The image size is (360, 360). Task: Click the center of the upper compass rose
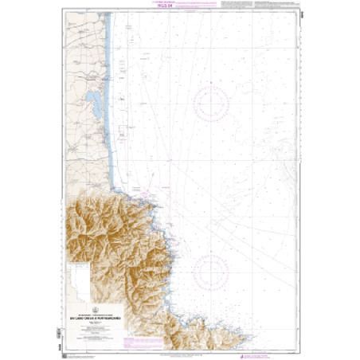point(211,104)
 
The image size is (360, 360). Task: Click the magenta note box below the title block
point(96,320)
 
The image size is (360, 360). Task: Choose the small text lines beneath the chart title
point(96,307)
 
